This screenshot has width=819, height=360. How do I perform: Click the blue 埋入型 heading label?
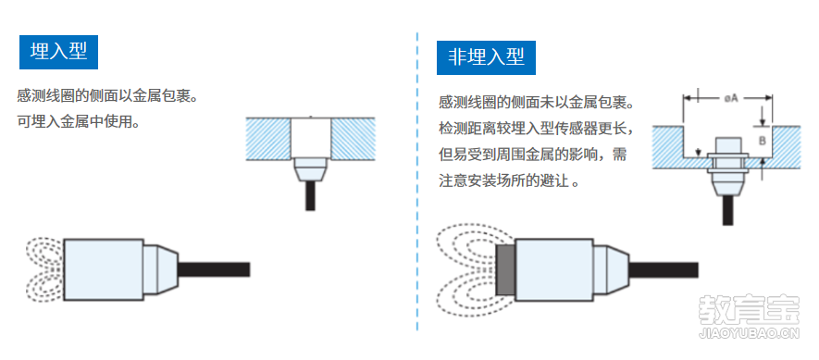[x=58, y=52]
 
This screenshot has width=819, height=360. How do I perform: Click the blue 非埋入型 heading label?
[x=486, y=57]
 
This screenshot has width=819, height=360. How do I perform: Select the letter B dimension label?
[x=762, y=141]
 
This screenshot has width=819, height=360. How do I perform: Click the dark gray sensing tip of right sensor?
[x=505, y=269]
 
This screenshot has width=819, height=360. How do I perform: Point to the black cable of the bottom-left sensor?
[x=214, y=269]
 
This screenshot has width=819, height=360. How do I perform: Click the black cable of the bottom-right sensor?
[x=664, y=269]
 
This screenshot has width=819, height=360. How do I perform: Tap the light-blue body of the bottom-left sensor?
[x=104, y=269]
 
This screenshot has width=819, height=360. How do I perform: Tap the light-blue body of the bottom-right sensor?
[x=554, y=269]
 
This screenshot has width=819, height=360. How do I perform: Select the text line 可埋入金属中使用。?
[x=79, y=123]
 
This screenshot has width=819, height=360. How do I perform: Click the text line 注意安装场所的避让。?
[x=509, y=182]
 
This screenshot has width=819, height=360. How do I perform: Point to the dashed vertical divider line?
[x=417, y=180]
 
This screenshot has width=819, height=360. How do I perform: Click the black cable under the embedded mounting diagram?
[x=310, y=195]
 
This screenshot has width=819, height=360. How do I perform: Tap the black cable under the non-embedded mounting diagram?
[x=727, y=210]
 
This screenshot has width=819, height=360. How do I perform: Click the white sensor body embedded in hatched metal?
[x=310, y=137]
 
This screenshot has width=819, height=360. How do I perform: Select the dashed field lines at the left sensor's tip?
[x=43, y=269]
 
